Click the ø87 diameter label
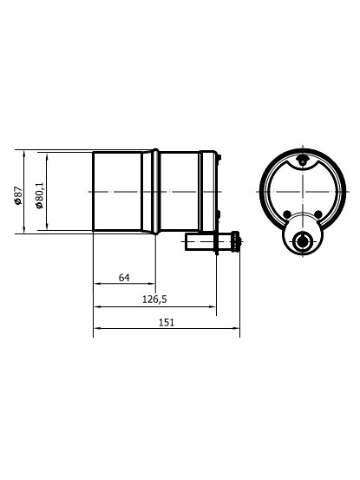tap(18, 195)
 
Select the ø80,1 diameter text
tap(39, 195)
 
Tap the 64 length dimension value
tap(124, 278)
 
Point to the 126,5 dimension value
tap(154, 299)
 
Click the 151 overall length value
tap(166, 322)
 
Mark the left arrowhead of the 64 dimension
tap(97, 284)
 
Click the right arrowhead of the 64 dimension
tap(152, 284)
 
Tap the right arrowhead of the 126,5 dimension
tap(213, 306)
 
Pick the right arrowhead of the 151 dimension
tap(236, 328)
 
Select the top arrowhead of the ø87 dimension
tap(24, 154)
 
